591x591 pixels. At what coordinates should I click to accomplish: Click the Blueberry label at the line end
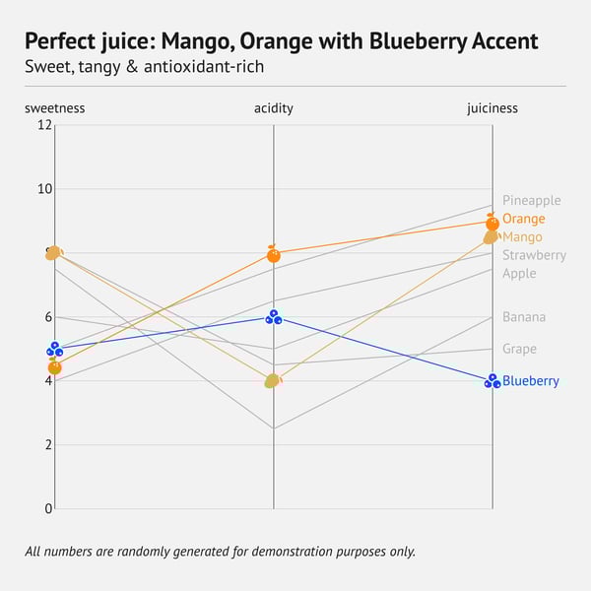(530, 381)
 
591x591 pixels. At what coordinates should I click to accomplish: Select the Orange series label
(523, 219)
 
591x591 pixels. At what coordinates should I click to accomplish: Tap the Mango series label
(522, 237)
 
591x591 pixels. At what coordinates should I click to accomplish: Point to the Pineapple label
(531, 201)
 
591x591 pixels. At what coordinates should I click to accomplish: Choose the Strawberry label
(534, 255)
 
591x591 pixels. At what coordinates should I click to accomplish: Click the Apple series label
(519, 273)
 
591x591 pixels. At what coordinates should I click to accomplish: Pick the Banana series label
(523, 317)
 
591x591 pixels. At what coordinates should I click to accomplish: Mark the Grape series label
(519, 349)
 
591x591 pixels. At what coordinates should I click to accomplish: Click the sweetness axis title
(55, 108)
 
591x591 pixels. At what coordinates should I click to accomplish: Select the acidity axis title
(273, 108)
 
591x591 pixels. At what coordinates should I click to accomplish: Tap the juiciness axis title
(492, 108)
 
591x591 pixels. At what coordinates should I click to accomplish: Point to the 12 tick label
(44, 125)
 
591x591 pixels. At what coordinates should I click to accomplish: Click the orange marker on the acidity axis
(273, 254)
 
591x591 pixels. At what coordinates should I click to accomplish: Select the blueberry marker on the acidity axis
(273, 317)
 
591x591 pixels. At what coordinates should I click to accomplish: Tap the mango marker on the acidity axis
(273, 380)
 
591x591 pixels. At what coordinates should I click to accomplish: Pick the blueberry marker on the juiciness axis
(492, 381)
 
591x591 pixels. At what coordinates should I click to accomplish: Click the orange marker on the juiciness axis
(492, 223)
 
